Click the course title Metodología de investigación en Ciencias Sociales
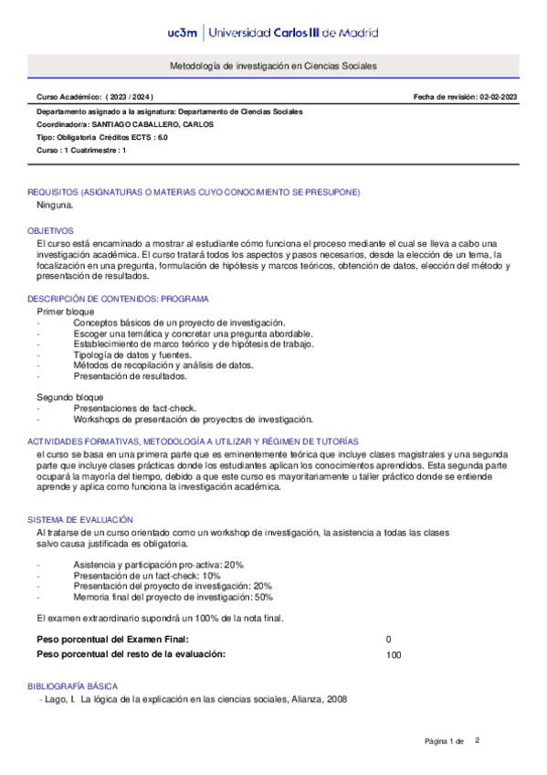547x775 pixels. (273, 67)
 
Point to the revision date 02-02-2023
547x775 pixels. (499, 96)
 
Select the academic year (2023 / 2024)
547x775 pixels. (130, 96)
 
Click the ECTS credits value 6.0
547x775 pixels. (162, 137)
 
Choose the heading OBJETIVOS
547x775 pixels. (50, 231)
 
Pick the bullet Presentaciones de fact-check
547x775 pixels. (135, 409)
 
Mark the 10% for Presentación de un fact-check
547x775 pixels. (211, 576)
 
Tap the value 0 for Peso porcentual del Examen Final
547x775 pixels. (389, 639)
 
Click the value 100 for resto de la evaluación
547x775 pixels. (394, 654)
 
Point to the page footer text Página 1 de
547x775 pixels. (445, 740)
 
